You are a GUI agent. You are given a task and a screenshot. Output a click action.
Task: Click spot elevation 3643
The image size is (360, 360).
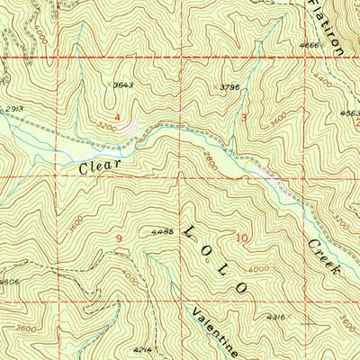click(x=123, y=85)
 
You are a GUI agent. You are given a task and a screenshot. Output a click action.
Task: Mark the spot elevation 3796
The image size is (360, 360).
click(x=233, y=87)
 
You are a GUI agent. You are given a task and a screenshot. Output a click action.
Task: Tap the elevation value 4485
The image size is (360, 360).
click(x=162, y=231)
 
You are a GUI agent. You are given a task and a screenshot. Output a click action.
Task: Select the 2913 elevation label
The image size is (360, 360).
click(x=13, y=109)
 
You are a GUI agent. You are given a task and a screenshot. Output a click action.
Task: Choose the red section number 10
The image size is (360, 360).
click(x=239, y=238)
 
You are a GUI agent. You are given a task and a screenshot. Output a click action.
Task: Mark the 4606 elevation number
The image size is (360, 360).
click(x=9, y=282)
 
